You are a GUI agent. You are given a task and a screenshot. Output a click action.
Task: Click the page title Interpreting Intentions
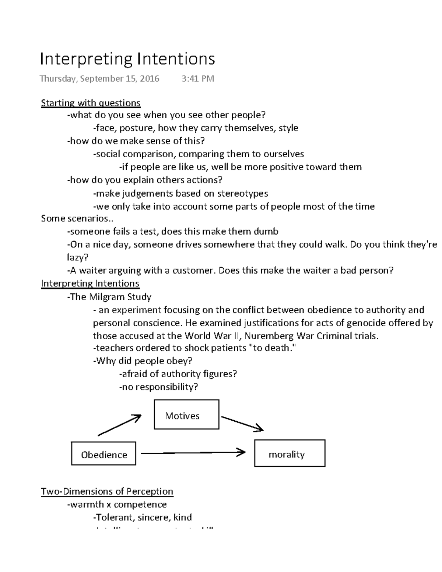tap(127, 59)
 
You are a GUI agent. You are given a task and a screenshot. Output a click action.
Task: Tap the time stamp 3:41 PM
tap(197, 79)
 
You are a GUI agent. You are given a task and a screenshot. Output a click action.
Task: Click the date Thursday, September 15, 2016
tap(99, 79)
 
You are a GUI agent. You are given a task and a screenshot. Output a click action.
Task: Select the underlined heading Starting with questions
tap(91, 103)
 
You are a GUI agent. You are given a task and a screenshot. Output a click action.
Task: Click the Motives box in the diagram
tap(186, 415)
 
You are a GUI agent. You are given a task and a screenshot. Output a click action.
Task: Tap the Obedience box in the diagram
tap(104, 454)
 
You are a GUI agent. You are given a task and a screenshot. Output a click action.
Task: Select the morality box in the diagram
tap(290, 453)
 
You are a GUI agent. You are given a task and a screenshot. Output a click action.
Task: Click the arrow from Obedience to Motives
tap(119, 425)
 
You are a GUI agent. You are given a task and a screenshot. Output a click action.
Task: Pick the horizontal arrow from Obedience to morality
tap(193, 453)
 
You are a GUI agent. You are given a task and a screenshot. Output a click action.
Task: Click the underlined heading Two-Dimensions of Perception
tap(107, 491)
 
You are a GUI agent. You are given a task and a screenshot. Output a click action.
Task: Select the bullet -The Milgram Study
tap(109, 297)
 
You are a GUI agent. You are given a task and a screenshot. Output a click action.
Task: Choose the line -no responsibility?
tap(158, 387)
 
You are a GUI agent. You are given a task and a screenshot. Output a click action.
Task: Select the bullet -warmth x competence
tap(117, 505)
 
